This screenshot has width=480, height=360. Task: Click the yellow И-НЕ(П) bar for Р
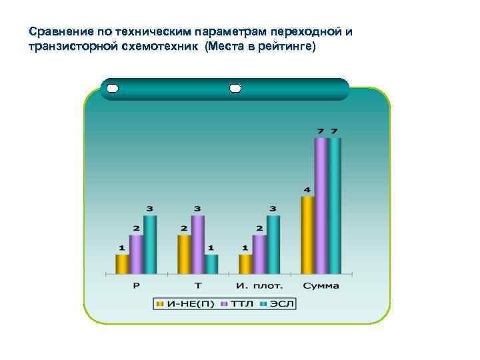[122, 264]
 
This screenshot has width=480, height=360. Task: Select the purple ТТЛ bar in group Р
[136, 254]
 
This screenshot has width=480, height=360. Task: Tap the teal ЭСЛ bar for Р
[150, 245]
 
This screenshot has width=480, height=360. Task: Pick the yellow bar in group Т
[184, 254]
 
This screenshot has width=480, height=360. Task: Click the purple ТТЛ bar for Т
[198, 245]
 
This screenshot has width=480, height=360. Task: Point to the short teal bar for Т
[211, 264]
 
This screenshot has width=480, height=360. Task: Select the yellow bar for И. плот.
[245, 264]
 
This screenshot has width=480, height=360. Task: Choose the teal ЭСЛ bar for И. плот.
[273, 245]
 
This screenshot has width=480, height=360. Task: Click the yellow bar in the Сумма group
[307, 235]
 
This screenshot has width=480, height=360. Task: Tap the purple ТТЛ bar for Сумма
[321, 206]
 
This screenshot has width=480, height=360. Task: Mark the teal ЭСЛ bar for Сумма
[335, 206]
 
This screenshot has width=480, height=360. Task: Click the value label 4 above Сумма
[307, 190]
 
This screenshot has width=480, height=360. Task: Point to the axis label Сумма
[321, 286]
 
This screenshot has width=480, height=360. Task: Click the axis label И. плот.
[259, 286]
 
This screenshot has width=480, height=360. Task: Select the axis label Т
[198, 286]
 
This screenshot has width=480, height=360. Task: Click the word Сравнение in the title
[61, 31]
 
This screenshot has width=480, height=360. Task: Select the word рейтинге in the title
[283, 47]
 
